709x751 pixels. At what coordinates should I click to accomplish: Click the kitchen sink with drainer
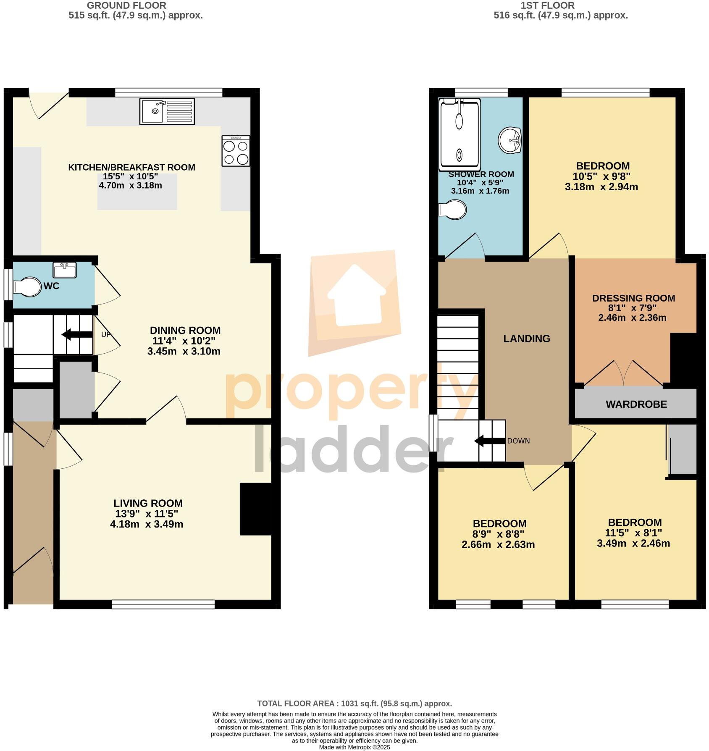pos(167,112)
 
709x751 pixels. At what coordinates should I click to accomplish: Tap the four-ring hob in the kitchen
pos(236,151)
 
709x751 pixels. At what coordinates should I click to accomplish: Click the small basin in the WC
pos(64,270)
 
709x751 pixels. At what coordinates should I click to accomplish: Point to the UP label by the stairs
pos(106,335)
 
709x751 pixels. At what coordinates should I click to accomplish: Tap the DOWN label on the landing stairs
pos(518,441)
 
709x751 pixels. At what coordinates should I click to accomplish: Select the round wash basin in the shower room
pos(510,140)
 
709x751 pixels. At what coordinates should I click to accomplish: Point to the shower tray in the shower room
pos(459,134)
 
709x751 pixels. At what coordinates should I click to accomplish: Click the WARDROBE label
pos(636,404)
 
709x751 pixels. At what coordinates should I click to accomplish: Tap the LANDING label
pos(526,339)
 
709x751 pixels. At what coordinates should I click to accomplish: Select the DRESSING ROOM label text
pos(633,298)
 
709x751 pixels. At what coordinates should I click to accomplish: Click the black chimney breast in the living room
pos(256,509)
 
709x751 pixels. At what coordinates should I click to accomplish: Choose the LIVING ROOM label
pos(148,503)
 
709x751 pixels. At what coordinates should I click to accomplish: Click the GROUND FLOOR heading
pos(126,5)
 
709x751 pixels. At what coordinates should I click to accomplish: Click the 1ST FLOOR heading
pos(547,5)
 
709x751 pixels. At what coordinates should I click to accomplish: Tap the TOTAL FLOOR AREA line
pos(354,704)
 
